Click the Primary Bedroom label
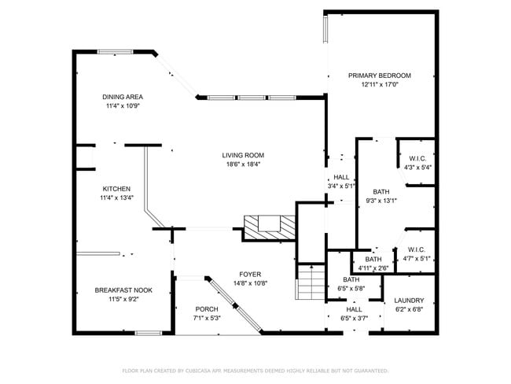point(380,76)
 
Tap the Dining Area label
point(123,97)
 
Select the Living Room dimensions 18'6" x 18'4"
point(243,164)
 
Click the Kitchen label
point(116,189)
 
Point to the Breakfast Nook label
point(123,290)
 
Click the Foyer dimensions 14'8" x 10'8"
point(250,283)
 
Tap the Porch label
point(207,309)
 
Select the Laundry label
point(409,301)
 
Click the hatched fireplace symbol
point(270,227)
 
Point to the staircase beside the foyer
point(311,282)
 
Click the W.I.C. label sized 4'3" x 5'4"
point(417,159)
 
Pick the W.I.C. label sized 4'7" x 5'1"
point(417,250)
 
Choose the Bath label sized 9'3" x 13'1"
point(381,192)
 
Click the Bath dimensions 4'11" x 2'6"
point(373,268)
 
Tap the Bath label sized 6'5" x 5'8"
point(351,279)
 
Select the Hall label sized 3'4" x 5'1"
point(341,177)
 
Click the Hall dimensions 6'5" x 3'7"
point(354,318)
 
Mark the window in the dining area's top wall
point(116,52)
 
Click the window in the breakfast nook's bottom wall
point(149,333)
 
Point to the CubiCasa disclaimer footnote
point(256,371)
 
